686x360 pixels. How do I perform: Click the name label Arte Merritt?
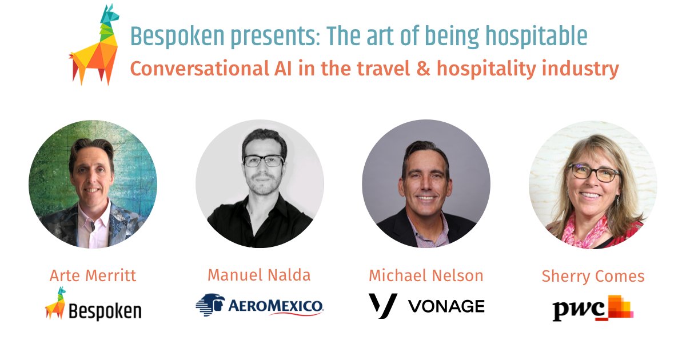pos(93,276)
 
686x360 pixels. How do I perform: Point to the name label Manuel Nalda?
pos(259,275)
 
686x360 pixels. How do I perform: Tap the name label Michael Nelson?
pos(426,276)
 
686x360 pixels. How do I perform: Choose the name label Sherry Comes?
pos(593,277)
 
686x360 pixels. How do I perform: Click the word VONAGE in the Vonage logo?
pos(446,306)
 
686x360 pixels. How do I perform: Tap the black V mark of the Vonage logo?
pos(382,305)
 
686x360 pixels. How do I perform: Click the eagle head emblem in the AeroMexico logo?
pos(210,305)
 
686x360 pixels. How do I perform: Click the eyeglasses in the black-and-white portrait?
pos(263,161)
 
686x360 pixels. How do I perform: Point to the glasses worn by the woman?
pos(593,172)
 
